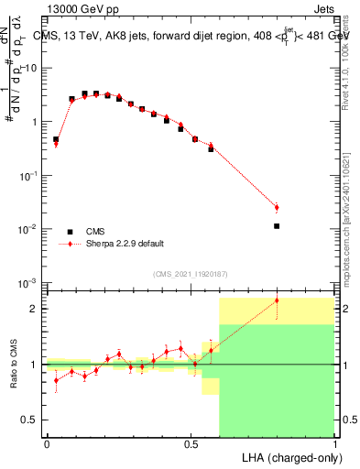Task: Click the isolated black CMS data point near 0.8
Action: coord(277,225)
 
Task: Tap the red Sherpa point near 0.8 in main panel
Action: coord(277,208)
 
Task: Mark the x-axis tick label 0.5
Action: coord(191,443)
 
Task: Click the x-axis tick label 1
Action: coord(334,443)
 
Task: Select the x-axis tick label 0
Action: coord(47,443)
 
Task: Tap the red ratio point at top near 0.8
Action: coord(277,300)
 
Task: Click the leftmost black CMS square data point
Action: coord(56,139)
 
